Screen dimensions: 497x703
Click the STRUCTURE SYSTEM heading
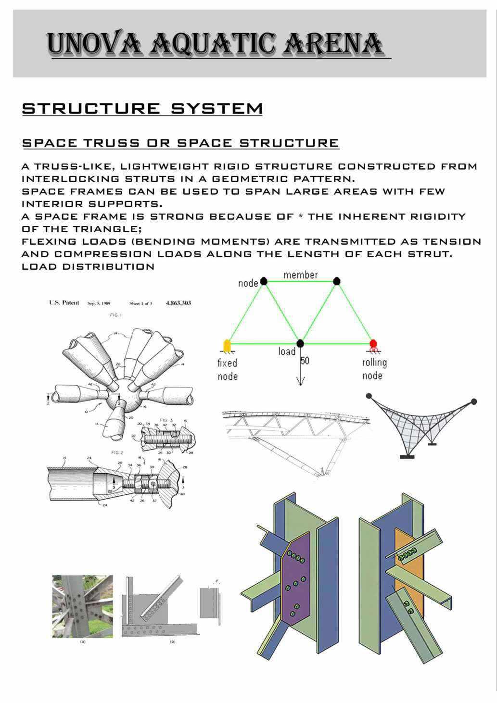point(142,109)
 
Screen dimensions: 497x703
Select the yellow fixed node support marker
point(227,345)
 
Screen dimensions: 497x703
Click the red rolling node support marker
point(373,344)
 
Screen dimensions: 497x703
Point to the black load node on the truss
point(300,343)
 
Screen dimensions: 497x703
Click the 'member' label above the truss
point(300,275)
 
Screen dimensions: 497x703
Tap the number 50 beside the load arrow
point(305,361)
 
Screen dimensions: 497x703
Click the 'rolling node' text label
point(374,369)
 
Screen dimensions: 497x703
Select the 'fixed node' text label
point(227,369)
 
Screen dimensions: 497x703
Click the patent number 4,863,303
point(178,303)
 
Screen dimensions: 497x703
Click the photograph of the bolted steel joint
point(82,606)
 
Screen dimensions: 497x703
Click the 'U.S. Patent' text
point(64,303)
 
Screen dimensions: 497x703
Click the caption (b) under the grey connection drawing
point(173,641)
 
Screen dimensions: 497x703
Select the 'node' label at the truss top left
point(248,283)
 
